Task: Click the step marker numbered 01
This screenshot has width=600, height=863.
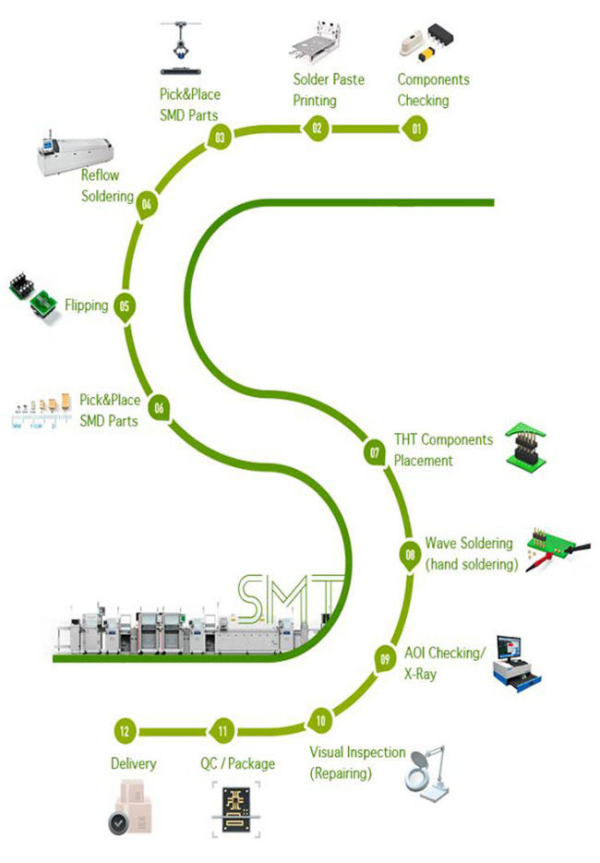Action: click(415, 129)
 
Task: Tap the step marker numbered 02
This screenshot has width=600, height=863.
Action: click(317, 128)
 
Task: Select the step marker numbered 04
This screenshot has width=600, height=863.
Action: click(146, 204)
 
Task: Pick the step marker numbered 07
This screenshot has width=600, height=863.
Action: click(375, 452)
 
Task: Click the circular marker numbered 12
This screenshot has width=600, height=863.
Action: click(124, 731)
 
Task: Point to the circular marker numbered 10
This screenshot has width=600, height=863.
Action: click(320, 720)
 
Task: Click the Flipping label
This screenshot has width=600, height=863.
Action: click(87, 305)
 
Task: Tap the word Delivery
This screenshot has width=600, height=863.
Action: click(133, 763)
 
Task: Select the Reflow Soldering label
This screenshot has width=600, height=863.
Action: click(101, 185)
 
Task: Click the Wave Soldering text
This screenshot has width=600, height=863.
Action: click(471, 554)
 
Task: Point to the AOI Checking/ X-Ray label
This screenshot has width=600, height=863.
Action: click(444, 664)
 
